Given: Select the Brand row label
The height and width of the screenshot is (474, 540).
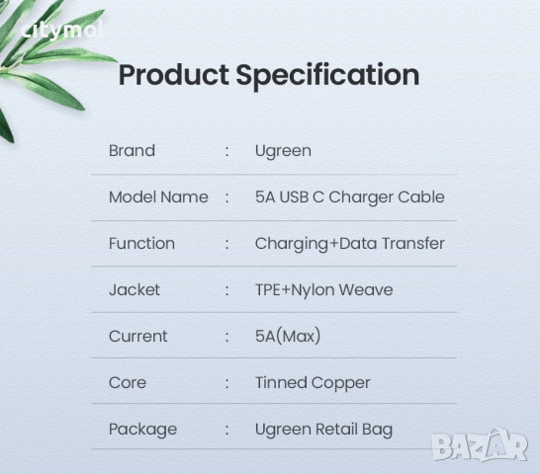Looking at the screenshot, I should (x=132, y=151).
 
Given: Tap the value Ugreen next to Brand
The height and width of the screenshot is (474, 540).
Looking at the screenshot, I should (x=283, y=151).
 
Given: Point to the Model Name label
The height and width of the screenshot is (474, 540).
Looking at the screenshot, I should (x=158, y=197).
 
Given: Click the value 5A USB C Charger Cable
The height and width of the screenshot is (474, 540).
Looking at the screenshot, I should (x=349, y=197).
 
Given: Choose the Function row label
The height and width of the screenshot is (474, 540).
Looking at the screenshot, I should (x=141, y=244).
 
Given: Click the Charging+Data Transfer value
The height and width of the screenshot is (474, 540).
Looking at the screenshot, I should (x=349, y=244).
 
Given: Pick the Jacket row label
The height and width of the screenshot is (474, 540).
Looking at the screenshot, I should (x=135, y=290).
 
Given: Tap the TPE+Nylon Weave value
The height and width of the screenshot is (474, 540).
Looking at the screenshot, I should (x=323, y=290).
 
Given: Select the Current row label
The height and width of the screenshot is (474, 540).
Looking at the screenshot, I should (x=138, y=337).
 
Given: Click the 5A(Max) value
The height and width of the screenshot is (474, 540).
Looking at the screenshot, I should (x=288, y=337).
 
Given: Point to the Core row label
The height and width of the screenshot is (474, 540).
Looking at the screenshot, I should (x=128, y=383).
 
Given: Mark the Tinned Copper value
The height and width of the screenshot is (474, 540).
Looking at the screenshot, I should (x=313, y=383).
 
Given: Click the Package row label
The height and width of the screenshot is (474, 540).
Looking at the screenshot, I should (x=142, y=430).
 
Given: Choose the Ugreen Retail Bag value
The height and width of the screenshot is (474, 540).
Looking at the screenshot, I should (x=323, y=430).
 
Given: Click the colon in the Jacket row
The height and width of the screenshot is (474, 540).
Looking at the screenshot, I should (x=227, y=290).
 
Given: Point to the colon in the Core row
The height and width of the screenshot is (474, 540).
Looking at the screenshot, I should (x=227, y=383).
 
